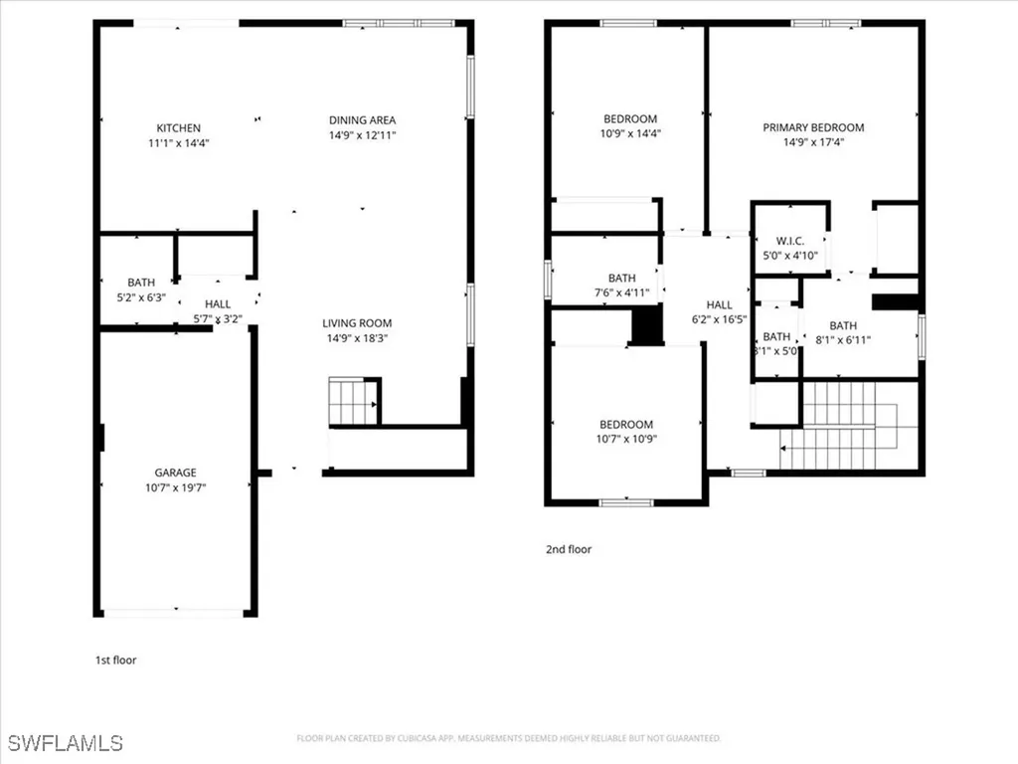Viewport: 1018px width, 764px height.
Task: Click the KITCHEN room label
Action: (x=179, y=128)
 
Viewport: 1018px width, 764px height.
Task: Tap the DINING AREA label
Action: (x=363, y=120)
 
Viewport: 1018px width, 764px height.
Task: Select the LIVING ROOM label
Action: (x=357, y=323)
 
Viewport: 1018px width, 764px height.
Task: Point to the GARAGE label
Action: (x=175, y=473)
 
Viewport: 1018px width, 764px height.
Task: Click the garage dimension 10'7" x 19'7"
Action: (x=175, y=487)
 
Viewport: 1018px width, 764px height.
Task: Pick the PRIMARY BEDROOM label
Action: (x=813, y=127)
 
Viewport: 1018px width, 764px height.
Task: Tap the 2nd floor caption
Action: (x=568, y=549)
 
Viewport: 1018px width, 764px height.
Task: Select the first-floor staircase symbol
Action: (x=353, y=401)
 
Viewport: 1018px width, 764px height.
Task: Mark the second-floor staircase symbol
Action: (x=845, y=426)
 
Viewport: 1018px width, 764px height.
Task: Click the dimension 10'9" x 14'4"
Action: (x=630, y=133)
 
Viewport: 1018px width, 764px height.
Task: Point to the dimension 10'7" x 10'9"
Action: (x=626, y=439)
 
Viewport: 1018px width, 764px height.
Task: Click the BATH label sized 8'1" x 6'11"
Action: (x=843, y=325)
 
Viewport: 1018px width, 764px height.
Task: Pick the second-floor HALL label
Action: (x=719, y=305)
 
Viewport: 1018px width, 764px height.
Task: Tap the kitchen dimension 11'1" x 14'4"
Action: (x=179, y=142)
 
